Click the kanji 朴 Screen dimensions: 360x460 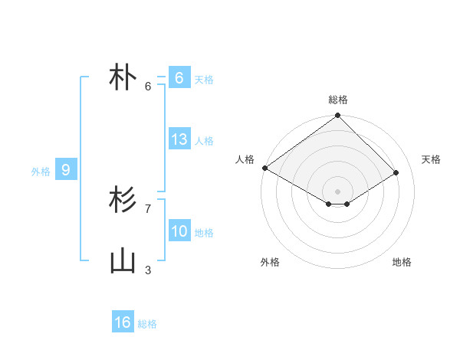pyautogui.click(x=123, y=79)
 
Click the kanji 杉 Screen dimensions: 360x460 pyautogui.click(x=123, y=201)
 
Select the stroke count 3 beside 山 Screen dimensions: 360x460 pyautogui.click(x=148, y=270)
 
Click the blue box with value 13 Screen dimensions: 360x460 pyautogui.click(x=179, y=139)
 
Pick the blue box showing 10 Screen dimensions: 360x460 pyautogui.click(x=179, y=231)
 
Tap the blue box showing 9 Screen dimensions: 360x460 pyautogui.click(x=66, y=170)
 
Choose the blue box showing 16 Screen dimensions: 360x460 pyautogui.click(x=123, y=322)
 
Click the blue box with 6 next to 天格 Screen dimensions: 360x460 pyautogui.click(x=179, y=78)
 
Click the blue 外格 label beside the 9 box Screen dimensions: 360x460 pyautogui.click(x=41, y=172)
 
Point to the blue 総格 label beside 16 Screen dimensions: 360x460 pyautogui.click(x=147, y=324)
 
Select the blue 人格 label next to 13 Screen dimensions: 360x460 pyautogui.click(x=204, y=141)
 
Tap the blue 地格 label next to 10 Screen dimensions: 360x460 pyautogui.click(x=204, y=233)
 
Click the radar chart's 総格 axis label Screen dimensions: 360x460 pyautogui.click(x=337, y=100)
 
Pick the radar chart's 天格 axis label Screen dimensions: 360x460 pyautogui.click(x=432, y=159)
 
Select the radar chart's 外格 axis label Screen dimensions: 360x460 pyautogui.click(x=270, y=262)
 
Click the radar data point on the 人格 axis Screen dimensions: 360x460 pyautogui.click(x=264, y=168)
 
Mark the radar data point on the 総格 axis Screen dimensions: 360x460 pyautogui.click(x=337, y=116)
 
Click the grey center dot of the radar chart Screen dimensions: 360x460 pyautogui.click(x=337, y=191)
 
